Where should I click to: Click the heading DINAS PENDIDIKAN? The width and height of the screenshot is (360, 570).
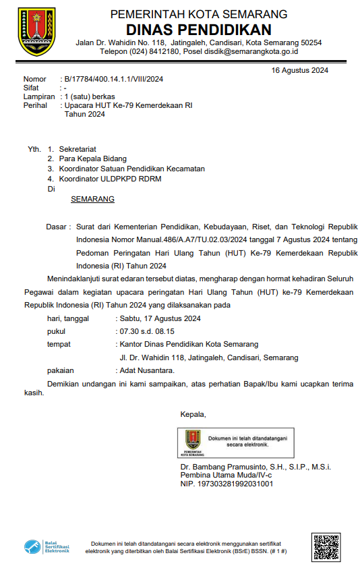[x=198, y=29]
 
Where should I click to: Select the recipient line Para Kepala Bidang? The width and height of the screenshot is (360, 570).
[x=92, y=159]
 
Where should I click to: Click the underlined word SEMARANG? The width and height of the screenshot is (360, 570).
[x=92, y=199]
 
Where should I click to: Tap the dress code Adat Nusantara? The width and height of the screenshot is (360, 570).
[x=147, y=370]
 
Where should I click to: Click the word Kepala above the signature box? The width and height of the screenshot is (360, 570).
[x=193, y=414]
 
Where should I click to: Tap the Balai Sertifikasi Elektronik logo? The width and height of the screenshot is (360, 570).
[x=47, y=546]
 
